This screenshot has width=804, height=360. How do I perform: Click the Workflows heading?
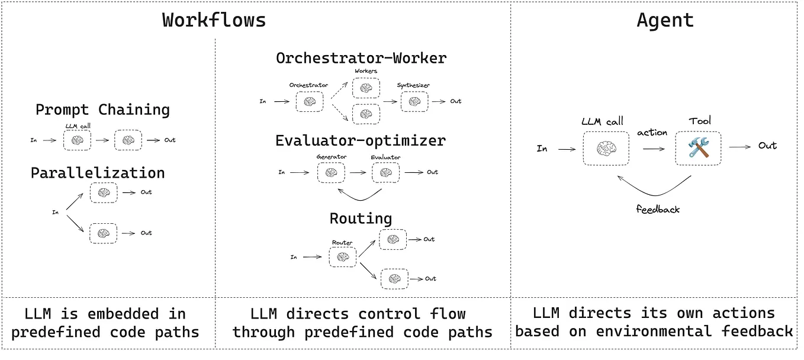(x=214, y=20)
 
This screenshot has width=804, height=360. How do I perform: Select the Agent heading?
(x=665, y=20)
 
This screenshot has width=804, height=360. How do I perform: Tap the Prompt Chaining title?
(x=102, y=110)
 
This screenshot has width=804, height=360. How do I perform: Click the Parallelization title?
(x=98, y=173)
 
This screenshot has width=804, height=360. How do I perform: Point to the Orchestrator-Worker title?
(x=361, y=58)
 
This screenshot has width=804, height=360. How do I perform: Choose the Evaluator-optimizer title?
(x=360, y=141)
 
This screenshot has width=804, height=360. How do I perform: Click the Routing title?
(x=361, y=218)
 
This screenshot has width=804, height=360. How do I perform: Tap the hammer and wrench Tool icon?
(x=699, y=148)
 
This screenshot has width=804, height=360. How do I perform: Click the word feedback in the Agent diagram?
(x=658, y=209)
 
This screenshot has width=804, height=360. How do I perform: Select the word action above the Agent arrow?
(x=652, y=133)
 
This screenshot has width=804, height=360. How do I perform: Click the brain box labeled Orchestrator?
(x=310, y=102)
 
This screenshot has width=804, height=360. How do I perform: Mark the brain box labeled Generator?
(x=330, y=172)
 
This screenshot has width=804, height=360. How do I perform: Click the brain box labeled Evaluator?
(x=385, y=172)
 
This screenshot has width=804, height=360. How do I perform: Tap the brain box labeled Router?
(x=342, y=257)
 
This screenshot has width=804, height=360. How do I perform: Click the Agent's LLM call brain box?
(x=606, y=148)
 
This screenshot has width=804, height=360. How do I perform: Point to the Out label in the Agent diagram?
(x=767, y=146)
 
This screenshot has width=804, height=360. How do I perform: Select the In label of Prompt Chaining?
(x=34, y=140)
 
